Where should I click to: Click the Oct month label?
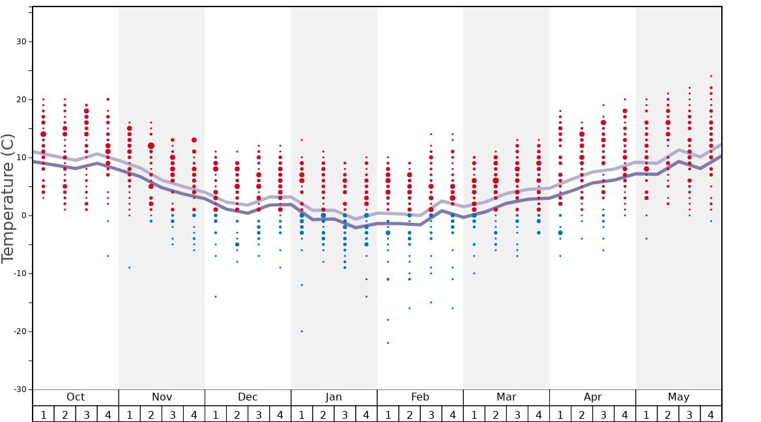76,397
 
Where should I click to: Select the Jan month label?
334,397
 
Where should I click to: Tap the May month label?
678,397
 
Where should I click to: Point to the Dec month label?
248,397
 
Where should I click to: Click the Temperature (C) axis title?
8,198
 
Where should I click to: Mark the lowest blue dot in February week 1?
388,343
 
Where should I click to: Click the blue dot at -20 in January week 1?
302,331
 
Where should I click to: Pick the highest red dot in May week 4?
711,76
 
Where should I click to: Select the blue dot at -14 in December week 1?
216,296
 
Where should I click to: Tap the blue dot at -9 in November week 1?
130,268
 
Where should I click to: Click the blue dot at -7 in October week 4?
108,256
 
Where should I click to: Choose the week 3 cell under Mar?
517,414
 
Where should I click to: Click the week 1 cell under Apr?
560,414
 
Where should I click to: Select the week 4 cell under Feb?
452,414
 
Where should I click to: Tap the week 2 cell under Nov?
151,414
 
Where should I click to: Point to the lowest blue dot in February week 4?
452,308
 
